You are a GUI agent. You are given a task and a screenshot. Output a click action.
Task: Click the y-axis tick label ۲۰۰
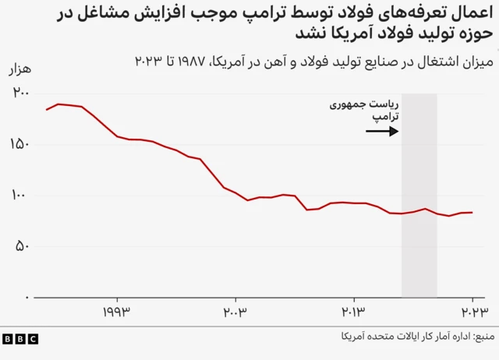pos(20,93)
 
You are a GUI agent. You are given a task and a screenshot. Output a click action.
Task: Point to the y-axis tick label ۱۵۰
pos(20,144)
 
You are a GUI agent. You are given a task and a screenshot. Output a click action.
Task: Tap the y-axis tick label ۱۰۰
pos(20,195)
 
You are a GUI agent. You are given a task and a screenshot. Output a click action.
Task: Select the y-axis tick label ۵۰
pos(23,246)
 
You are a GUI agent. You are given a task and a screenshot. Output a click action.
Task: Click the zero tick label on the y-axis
pos(27,298)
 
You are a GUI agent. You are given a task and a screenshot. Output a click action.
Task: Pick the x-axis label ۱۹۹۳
pos(117,313)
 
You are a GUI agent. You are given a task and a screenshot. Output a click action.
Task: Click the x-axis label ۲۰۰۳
pos(235,313)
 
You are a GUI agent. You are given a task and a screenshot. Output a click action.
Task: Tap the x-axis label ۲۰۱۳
pos(354,313)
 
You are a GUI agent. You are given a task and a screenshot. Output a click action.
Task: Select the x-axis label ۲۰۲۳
pos(472,313)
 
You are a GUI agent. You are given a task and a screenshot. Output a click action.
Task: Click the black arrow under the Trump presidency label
pos(382,131)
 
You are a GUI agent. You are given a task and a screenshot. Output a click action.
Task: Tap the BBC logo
pos(19,338)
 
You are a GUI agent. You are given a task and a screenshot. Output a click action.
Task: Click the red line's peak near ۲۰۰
pos(59,104)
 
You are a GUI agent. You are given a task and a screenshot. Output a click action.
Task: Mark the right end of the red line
pos(472,212)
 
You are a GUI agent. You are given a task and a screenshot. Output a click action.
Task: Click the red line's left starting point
pos(46,110)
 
